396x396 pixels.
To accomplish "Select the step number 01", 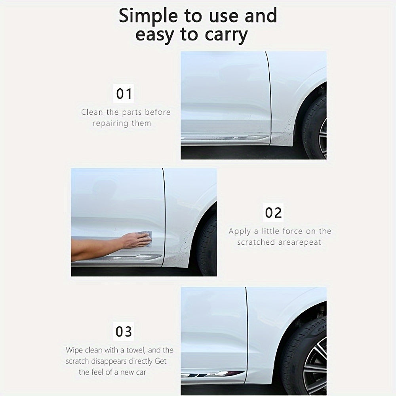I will click(x=124, y=94).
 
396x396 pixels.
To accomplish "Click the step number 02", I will click(x=273, y=213).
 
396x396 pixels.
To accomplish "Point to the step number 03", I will click(x=124, y=331).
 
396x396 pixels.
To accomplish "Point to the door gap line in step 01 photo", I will click(x=269, y=99).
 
